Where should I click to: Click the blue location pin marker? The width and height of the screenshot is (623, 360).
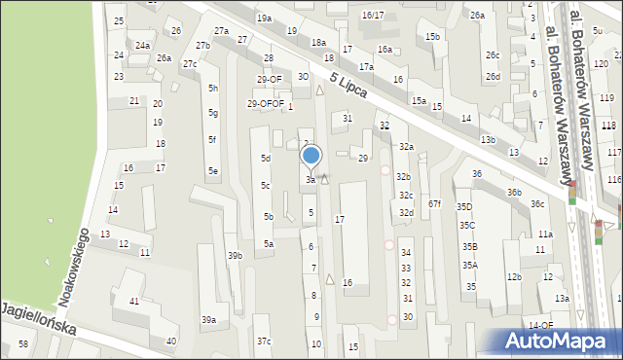tap(311, 156)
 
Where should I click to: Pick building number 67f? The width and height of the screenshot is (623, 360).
tap(434, 203)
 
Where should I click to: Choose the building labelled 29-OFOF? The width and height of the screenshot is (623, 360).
tap(265, 103)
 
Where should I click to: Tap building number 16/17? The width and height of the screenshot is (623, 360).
tap(373, 15)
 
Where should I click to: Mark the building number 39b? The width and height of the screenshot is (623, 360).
tap(235, 255)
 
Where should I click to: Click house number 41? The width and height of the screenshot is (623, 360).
tap(134, 302)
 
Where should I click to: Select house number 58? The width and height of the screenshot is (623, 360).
tap(23, 344)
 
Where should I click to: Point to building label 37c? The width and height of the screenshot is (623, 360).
tap(264, 341)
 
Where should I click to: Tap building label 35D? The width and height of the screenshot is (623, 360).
tap(465, 206)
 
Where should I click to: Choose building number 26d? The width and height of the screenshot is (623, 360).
tap(494, 76)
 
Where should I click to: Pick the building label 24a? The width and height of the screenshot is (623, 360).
tap(142, 46)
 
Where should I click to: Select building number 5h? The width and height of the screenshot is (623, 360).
tap(212, 89)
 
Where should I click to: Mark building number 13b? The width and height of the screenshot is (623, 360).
tap(487, 139)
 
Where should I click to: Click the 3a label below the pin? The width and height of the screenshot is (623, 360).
tap(311, 180)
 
